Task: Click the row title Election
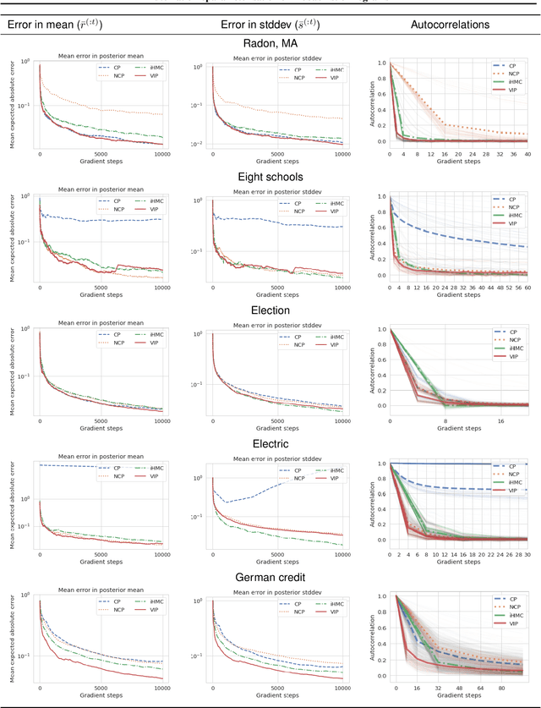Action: (x=270, y=310)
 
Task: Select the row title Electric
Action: (x=270, y=443)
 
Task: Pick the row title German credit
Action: (x=270, y=577)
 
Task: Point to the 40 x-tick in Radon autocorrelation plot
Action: (x=528, y=155)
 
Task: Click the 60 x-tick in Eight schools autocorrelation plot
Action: (x=528, y=288)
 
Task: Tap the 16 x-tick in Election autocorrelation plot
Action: (x=500, y=420)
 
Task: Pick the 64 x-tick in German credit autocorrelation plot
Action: (x=501, y=688)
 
